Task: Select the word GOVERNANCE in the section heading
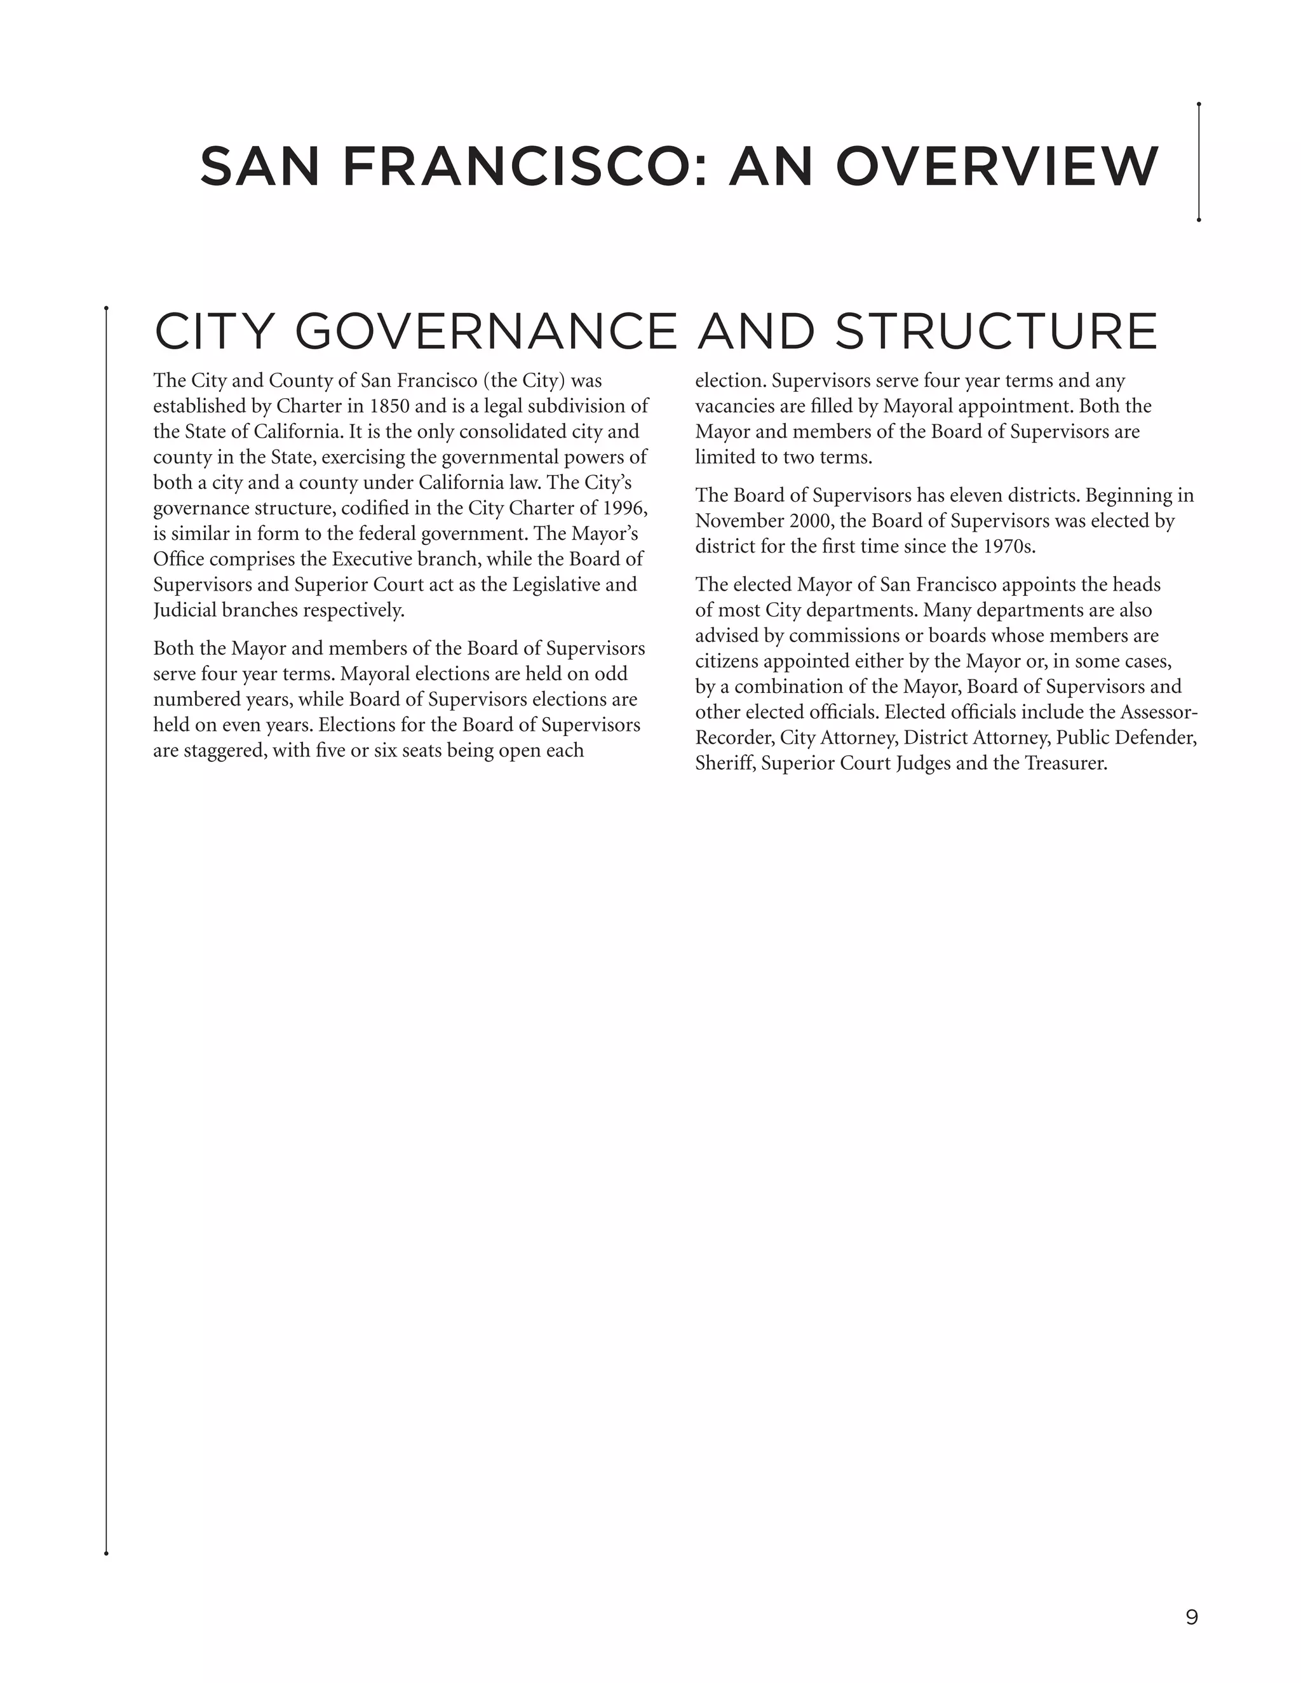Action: coord(485,332)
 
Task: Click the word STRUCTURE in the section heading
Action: coord(996,332)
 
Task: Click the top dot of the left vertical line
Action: coord(106,308)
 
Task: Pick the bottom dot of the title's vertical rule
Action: coord(1199,220)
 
